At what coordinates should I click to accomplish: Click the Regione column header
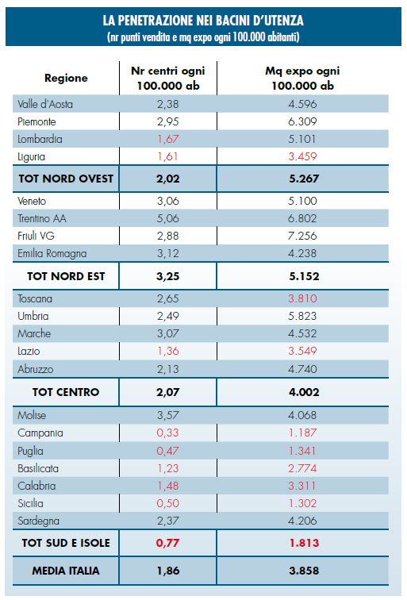coord(66,78)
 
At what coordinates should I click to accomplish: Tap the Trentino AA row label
coord(42,218)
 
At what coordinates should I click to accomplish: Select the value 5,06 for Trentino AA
coord(168,218)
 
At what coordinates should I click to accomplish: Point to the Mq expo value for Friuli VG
coord(302,236)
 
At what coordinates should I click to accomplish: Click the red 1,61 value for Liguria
coord(168,156)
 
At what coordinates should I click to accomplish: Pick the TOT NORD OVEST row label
coord(66,179)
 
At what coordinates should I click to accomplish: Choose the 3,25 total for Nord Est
coord(168,276)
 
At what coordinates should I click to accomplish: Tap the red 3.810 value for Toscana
coord(302,298)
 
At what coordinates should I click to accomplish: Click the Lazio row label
coord(29,352)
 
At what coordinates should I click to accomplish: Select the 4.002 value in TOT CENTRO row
coord(304,392)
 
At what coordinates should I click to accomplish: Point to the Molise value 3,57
coord(168,415)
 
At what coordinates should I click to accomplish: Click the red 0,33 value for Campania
coord(168,433)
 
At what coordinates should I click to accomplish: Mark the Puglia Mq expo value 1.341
coord(302,451)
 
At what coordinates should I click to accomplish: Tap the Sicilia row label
coord(30,503)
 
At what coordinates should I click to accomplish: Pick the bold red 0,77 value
coord(168,543)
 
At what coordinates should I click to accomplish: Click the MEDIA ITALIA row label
coord(66,571)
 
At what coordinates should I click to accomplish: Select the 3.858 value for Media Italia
coord(304,571)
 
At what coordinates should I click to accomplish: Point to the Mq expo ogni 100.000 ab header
coord(302,78)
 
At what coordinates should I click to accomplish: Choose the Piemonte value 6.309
coord(302,121)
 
